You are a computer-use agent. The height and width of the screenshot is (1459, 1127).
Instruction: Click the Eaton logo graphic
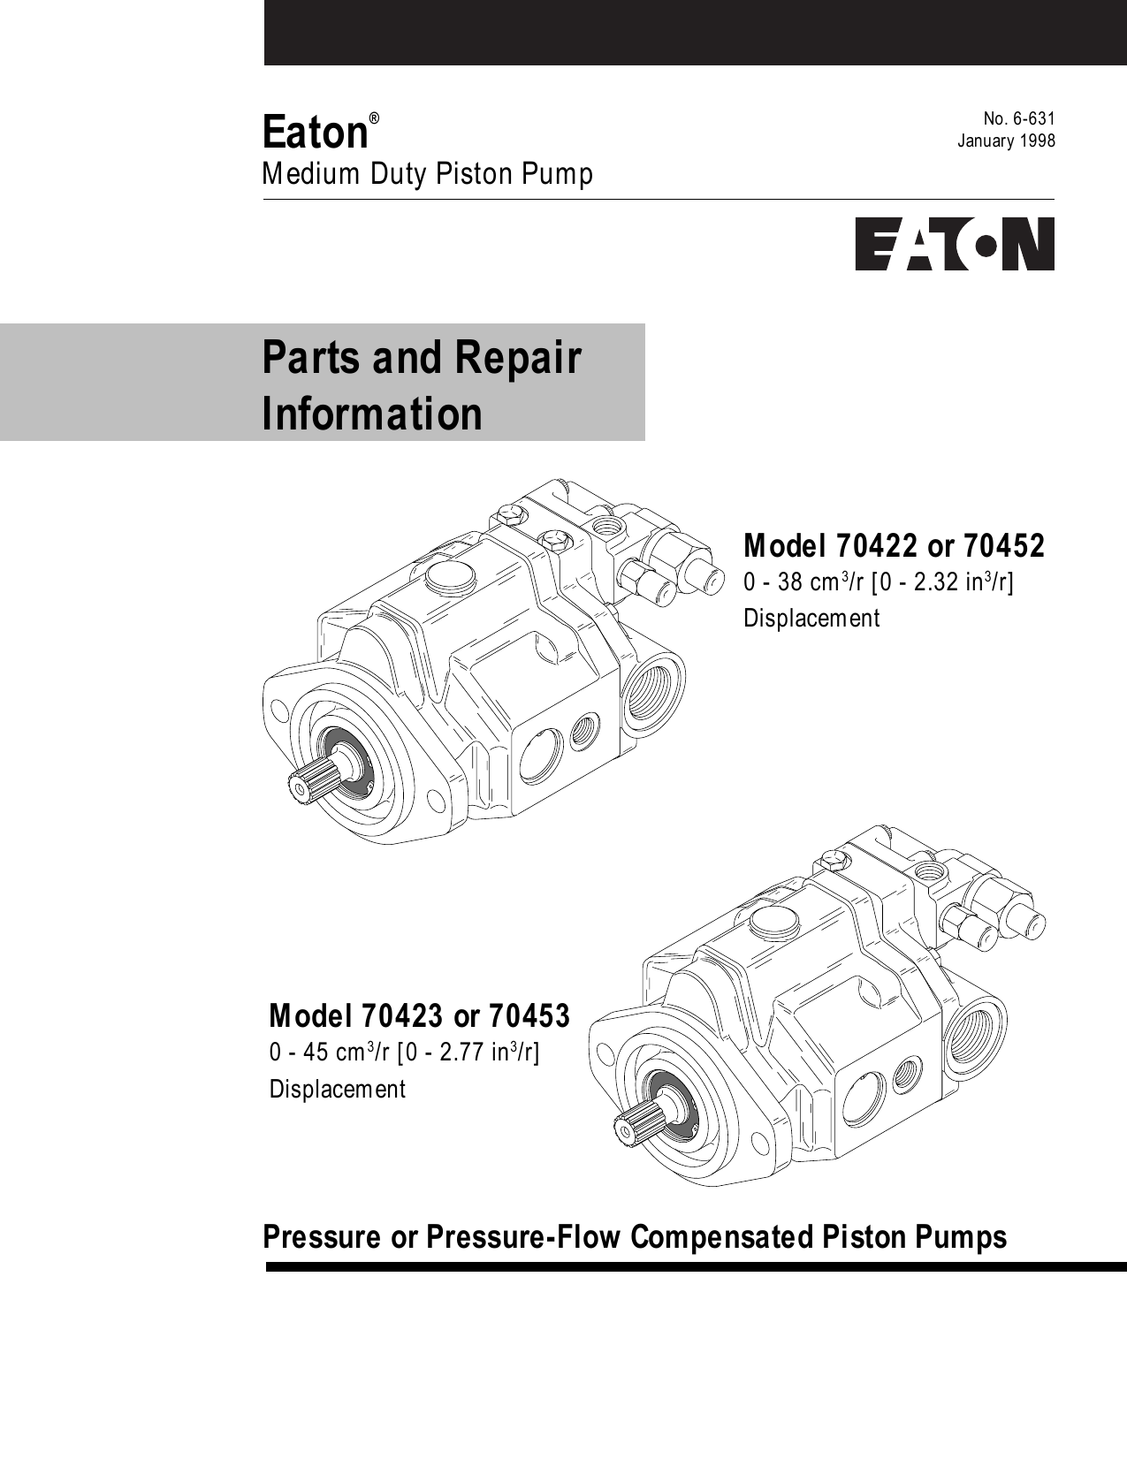[954, 244]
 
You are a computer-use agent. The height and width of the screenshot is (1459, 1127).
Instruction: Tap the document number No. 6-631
[1019, 119]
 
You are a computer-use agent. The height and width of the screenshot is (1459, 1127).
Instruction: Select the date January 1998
[1007, 141]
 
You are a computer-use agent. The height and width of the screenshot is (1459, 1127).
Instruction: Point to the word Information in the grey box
[372, 414]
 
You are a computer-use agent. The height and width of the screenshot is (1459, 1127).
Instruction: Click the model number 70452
[1003, 546]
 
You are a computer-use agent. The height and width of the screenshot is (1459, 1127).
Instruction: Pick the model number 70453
[529, 1016]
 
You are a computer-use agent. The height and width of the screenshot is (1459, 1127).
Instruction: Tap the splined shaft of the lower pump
[631, 1126]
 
